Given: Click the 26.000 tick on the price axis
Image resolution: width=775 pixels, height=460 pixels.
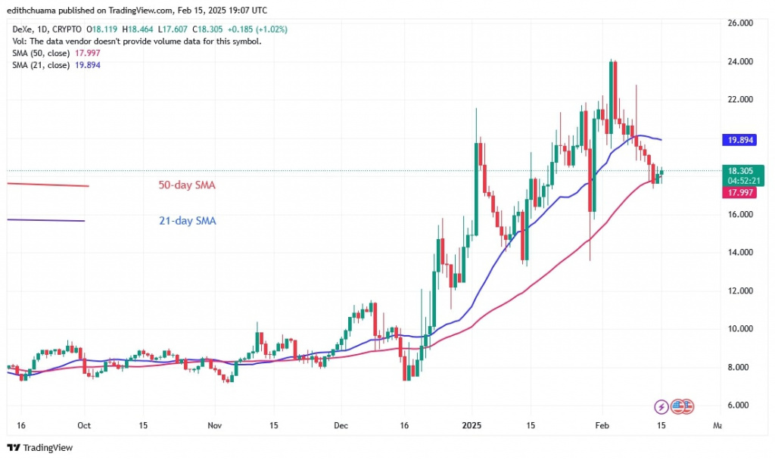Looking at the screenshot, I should coord(742,23).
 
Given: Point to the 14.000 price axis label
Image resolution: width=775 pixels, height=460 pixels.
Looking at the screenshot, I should coord(742,253).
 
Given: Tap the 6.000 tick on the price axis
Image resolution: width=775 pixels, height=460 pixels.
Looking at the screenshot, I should coord(742,406).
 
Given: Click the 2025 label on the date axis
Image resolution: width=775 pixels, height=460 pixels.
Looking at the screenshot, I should coord(471,425).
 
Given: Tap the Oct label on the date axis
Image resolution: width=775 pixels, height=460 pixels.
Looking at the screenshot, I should coord(85,425).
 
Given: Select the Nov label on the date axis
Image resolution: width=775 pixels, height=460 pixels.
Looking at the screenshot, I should coord(215,425).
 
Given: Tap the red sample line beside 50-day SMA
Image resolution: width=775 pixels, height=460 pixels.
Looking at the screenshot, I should coord(47,185).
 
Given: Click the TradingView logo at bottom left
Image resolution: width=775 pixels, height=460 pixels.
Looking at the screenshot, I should coord(41,448).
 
